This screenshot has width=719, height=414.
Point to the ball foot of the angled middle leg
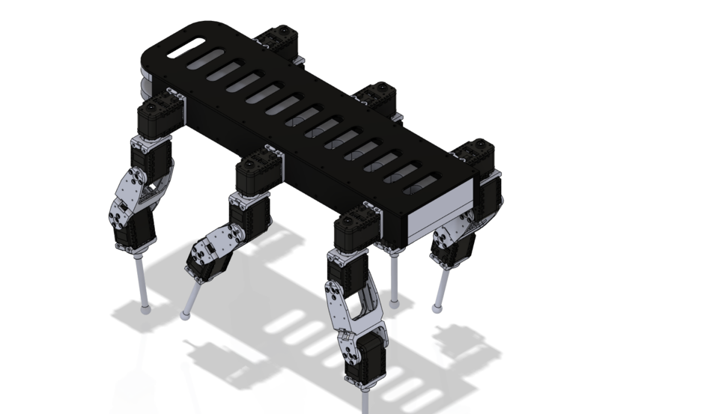184,315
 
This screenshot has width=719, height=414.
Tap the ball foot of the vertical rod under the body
394,303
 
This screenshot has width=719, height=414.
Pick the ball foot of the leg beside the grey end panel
437,307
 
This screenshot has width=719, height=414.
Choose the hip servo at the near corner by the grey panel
358,228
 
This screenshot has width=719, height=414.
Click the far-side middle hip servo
377,97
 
